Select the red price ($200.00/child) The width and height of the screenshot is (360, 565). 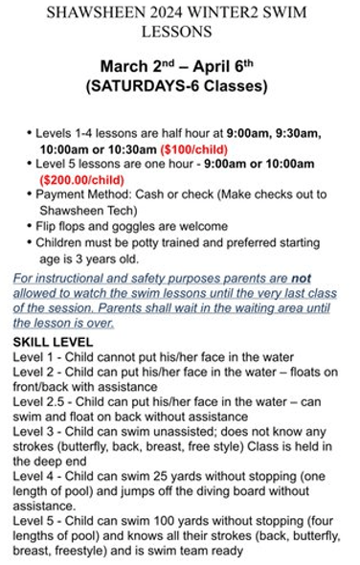pyautogui.click(x=81, y=178)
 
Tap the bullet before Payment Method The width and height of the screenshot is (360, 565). pyautogui.click(x=29, y=193)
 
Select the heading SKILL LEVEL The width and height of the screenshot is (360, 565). pyautogui.click(x=53, y=341)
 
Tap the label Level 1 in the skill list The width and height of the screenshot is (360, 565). pyautogui.click(x=33, y=356)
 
